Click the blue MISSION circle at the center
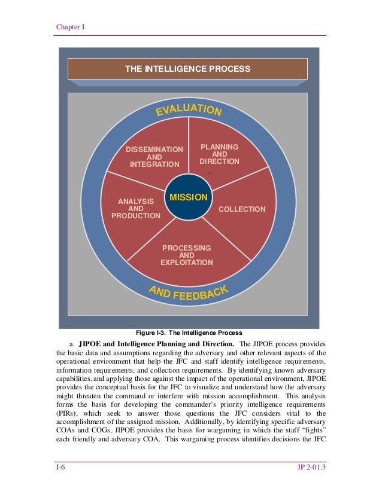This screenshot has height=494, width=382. click(x=188, y=197)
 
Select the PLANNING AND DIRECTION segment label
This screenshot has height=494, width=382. click(x=219, y=154)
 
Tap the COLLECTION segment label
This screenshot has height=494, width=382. click(x=242, y=209)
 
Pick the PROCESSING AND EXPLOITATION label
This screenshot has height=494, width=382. click(x=186, y=255)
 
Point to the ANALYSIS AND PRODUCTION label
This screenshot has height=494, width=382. click(x=136, y=209)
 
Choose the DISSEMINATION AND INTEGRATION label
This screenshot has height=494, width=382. click(x=154, y=157)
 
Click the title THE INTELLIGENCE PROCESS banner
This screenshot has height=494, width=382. click(x=187, y=69)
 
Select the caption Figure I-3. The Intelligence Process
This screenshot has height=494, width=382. click(x=189, y=333)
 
